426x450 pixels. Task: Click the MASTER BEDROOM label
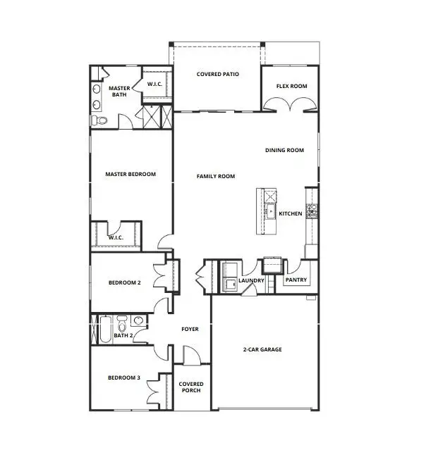tap(130, 174)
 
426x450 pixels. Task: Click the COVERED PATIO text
tap(217, 73)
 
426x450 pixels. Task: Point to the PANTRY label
tap(295, 280)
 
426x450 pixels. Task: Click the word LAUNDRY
tap(251, 281)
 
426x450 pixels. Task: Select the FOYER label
tap(190, 329)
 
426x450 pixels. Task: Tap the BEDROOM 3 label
tap(124, 378)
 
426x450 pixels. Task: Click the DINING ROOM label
tap(284, 150)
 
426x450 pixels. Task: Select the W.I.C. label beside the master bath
tap(155, 85)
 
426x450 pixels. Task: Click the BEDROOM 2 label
tap(125, 283)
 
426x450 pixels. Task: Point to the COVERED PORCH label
tap(190, 387)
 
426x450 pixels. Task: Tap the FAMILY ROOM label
tap(216, 176)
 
